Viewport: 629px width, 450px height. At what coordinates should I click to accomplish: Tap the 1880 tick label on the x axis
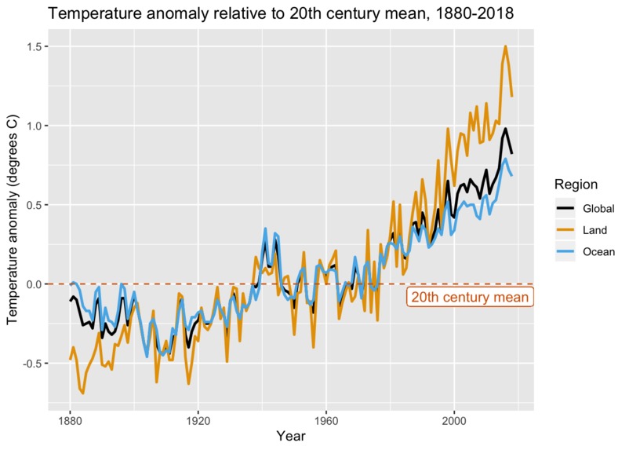point(70,421)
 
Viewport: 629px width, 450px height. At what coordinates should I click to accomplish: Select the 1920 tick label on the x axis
point(198,421)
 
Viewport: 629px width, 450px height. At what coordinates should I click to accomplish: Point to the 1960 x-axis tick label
point(325,421)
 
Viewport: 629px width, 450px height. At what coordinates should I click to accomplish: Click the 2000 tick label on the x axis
point(454,421)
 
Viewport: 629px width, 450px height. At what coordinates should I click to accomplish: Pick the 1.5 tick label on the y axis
point(34,46)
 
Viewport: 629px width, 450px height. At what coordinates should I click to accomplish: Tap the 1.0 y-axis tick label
point(34,126)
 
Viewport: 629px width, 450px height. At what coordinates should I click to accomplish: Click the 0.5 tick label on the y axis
point(34,205)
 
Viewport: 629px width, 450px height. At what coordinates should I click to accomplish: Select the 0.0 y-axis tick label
point(34,284)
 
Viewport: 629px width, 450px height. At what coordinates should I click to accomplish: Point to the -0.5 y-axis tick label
point(32,364)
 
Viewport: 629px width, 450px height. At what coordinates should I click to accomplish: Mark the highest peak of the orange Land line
point(505,46)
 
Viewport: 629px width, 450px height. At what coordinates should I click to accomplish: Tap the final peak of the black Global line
point(505,129)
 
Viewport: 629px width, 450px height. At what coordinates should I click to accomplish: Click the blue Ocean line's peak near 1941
point(265,229)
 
